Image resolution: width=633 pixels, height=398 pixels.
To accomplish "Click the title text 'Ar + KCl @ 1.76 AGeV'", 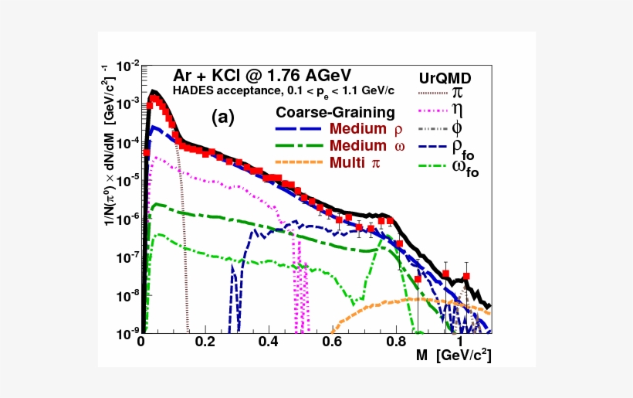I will pos(262,76).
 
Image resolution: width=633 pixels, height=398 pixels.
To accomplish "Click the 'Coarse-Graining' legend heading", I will pos(335,112).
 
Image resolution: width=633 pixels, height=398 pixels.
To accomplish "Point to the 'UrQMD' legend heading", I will pos(445,79).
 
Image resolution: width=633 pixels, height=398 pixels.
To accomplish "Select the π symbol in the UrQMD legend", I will pos(458,94).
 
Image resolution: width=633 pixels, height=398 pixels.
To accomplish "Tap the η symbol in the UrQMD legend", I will pos(457,110).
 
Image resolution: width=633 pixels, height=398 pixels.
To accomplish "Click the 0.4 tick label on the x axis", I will pos(269,341).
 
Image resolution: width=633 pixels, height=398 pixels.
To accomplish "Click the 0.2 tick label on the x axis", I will pos(205,341).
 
